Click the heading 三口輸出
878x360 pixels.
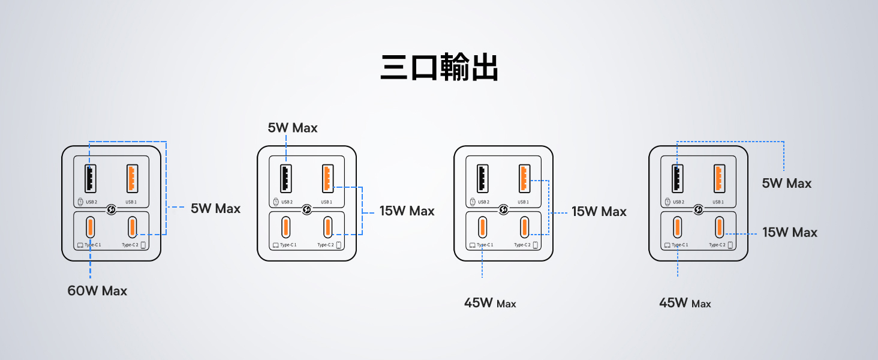click(x=439, y=68)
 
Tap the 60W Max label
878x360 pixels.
click(x=97, y=291)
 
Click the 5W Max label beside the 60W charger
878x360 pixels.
click(x=215, y=209)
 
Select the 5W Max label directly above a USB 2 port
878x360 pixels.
click(x=293, y=128)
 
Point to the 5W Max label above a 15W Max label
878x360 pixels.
click(x=786, y=184)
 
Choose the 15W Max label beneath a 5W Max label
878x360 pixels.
click(x=789, y=233)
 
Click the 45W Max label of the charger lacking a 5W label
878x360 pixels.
click(x=489, y=303)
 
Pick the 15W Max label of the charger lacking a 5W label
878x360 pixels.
click(x=599, y=212)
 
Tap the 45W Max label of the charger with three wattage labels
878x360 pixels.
click(x=684, y=303)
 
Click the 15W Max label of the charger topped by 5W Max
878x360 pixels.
click(x=407, y=211)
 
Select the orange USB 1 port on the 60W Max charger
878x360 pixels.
click(x=131, y=178)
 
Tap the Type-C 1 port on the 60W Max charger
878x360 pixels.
click(x=90, y=227)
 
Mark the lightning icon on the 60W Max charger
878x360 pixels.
click(x=112, y=210)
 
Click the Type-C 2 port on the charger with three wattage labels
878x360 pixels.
click(x=718, y=227)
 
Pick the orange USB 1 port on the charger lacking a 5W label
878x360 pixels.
click(x=524, y=178)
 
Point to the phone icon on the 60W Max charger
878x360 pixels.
click(x=143, y=245)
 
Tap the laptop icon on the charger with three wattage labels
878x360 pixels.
click(x=666, y=245)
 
